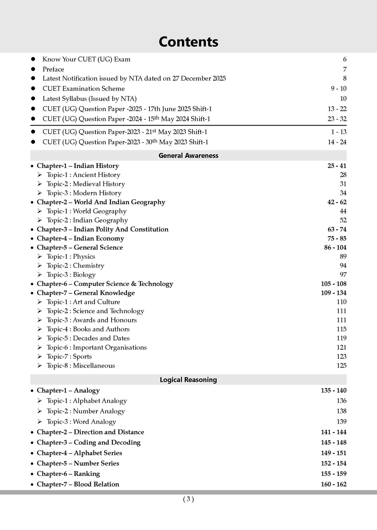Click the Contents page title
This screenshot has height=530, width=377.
[188, 42]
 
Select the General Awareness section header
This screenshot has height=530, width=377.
[188, 156]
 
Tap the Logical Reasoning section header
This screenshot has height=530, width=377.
[188, 380]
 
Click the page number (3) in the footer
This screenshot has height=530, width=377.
[188, 499]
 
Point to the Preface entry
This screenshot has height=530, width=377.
[53, 69]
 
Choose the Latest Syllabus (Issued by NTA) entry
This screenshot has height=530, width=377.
[89, 99]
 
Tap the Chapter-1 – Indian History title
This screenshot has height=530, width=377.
[78, 166]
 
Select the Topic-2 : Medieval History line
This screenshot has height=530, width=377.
[86, 184]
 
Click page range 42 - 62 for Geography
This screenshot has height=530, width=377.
[337, 202]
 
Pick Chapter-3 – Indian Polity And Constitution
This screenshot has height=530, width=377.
[102, 229]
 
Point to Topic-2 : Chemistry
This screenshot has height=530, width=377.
[75, 266]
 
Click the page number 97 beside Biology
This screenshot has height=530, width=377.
[343, 275]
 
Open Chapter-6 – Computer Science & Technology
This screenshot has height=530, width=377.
[105, 284]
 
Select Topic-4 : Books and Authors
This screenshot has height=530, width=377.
[88, 329]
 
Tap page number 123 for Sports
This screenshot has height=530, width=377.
[341, 357]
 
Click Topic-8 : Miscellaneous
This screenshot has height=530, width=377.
[81, 366]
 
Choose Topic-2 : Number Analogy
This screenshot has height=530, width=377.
[85, 411]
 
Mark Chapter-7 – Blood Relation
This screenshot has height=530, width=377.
[78, 484]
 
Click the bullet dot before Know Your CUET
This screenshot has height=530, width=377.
[33, 59]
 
